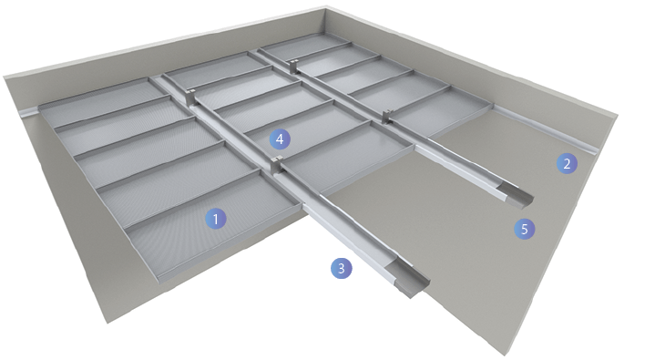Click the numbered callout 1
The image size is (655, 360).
pyautogui.click(x=216, y=219)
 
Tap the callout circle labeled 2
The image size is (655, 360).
pyautogui.click(x=567, y=163)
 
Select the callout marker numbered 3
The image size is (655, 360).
pyautogui.click(x=342, y=268)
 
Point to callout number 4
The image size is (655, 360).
pyautogui.click(x=280, y=139)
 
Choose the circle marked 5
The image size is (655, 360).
pyautogui.click(x=524, y=229)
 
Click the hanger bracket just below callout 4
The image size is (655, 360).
pyautogui.click(x=276, y=165)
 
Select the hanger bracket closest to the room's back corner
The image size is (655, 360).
pyautogui.click(x=294, y=66)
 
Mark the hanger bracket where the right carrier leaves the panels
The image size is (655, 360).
pyautogui.click(x=387, y=116)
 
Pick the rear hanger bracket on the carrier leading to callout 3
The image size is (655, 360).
pyautogui.click(x=190, y=97)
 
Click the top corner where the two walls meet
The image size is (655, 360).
pyautogui.click(x=326, y=6)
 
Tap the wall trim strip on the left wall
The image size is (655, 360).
pyautogui.click(x=30, y=112)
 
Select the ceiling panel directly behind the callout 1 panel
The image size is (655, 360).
pyautogui.click(x=178, y=185)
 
